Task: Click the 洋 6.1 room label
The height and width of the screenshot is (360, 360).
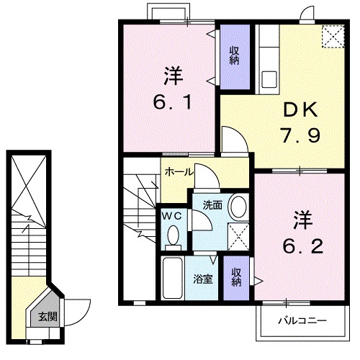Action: click(171, 88)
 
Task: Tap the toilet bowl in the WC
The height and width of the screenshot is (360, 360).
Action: click(174, 233)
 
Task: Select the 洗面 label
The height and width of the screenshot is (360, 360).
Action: click(212, 204)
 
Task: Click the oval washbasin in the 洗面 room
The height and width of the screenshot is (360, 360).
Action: click(237, 207)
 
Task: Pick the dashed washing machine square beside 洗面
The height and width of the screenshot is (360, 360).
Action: click(237, 235)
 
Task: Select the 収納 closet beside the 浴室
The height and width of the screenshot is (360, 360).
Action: click(235, 277)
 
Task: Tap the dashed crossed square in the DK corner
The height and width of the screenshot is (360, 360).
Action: click(333, 37)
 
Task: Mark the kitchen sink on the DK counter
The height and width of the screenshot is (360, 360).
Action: click(270, 78)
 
